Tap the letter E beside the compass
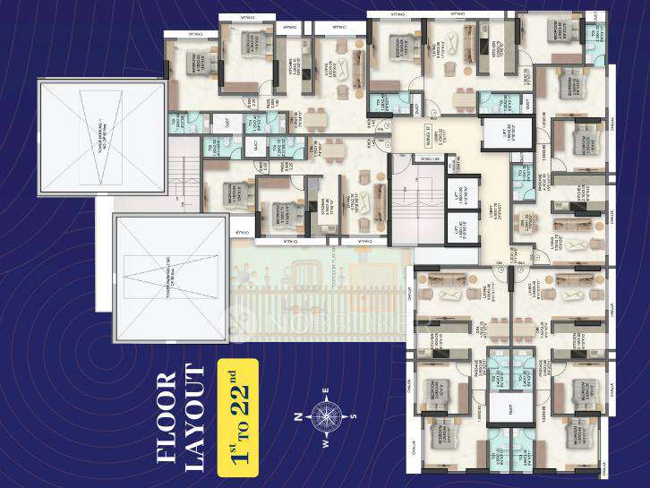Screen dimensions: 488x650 point(327,390)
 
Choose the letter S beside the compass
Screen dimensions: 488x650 point(354,415)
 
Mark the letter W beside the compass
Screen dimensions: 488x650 point(327,440)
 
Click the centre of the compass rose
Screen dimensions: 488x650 point(327,415)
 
